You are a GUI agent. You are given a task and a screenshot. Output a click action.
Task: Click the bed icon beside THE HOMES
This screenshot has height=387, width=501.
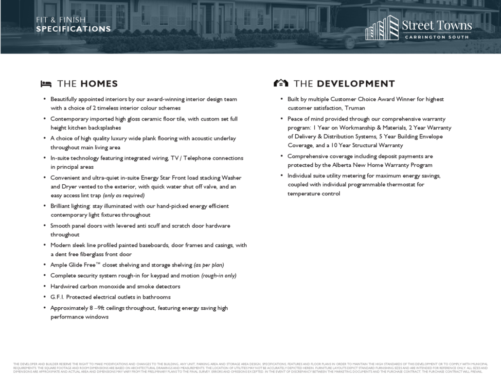click(x=46, y=84)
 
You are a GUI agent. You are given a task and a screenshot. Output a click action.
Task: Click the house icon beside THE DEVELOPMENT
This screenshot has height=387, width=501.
click(x=281, y=84)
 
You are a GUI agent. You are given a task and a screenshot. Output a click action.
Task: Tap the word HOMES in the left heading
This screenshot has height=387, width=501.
click(x=99, y=84)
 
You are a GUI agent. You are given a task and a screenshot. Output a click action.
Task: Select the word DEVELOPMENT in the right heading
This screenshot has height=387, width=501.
click(x=356, y=84)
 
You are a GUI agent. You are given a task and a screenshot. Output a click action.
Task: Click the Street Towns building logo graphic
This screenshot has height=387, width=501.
click(x=382, y=28)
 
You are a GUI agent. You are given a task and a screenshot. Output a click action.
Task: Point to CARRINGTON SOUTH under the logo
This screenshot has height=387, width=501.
click(x=436, y=37)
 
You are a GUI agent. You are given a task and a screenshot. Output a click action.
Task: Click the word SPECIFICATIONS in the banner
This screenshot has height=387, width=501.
click(x=73, y=29)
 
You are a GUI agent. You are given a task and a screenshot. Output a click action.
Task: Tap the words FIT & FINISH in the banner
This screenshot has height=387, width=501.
click(x=61, y=20)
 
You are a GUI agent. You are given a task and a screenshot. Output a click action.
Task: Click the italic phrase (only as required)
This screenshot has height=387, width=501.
click(x=124, y=195)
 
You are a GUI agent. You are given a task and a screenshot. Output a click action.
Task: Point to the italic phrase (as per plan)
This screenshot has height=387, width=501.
click(x=209, y=265)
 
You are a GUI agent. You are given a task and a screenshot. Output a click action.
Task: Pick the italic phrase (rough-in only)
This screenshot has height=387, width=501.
click(x=218, y=276)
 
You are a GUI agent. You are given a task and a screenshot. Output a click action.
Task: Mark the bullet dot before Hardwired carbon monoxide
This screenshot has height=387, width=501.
click(x=45, y=286)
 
